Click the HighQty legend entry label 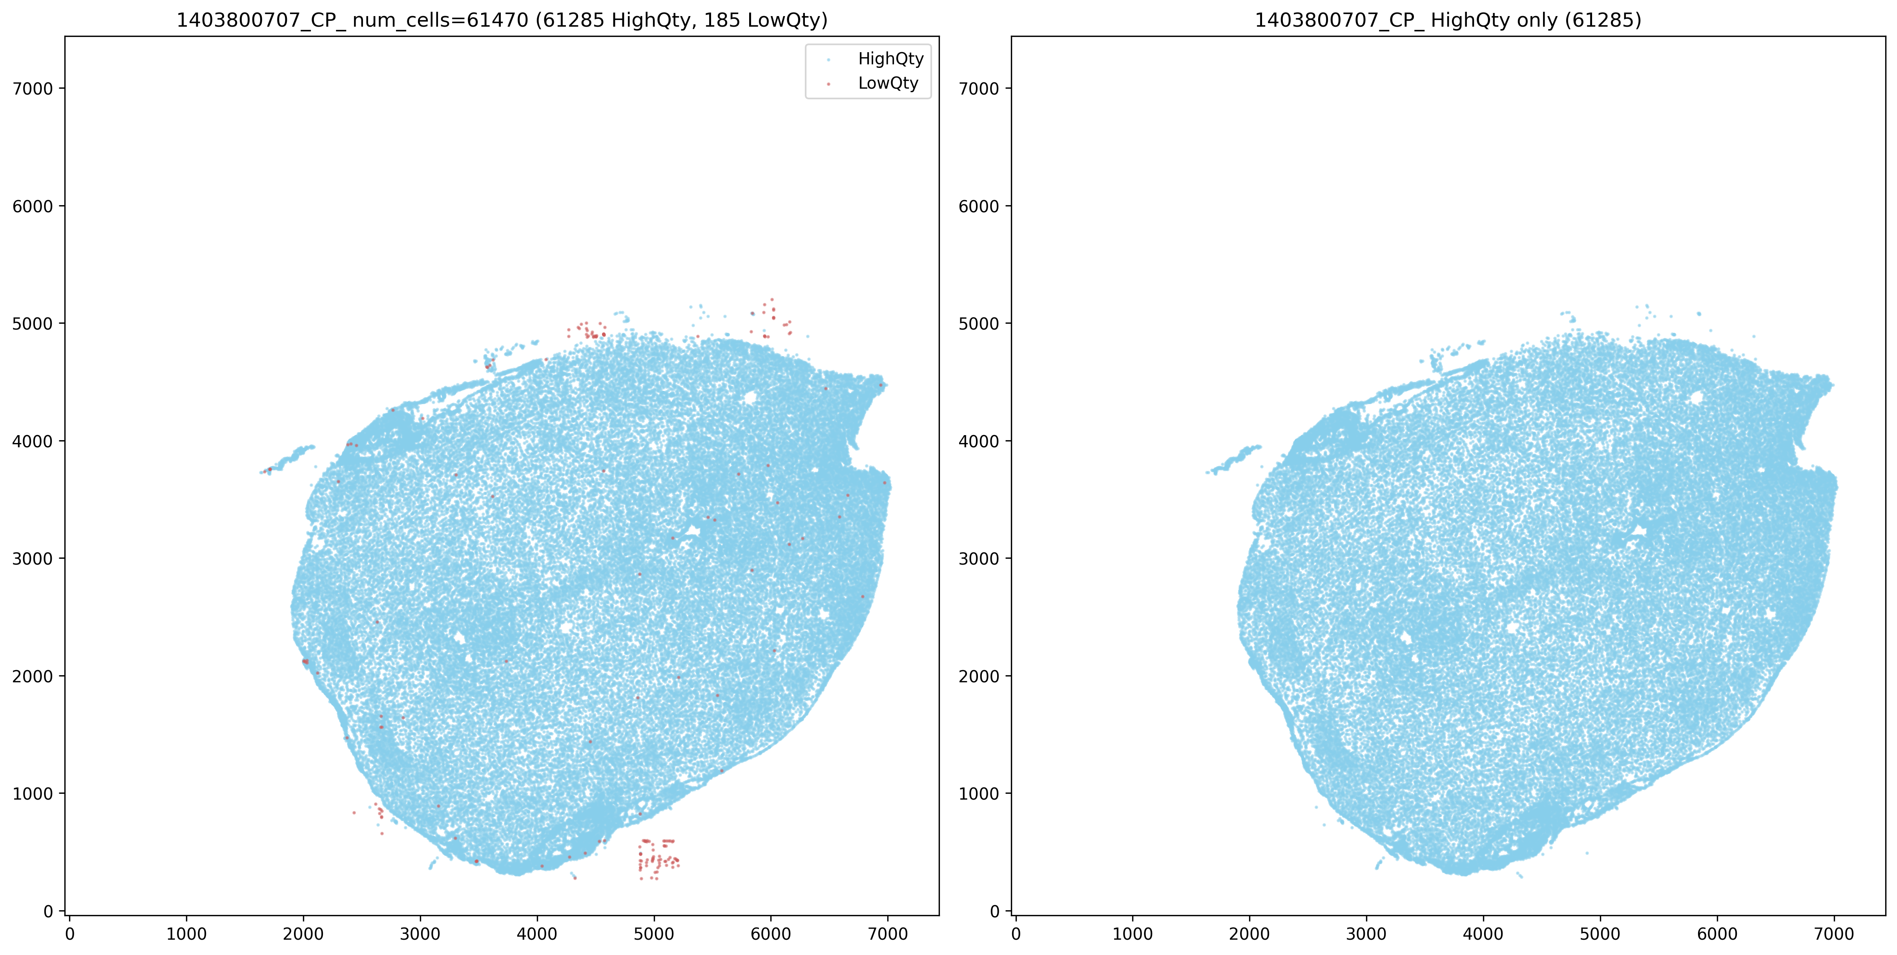(x=890, y=59)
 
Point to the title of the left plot (x=502, y=20)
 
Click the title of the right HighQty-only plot (x=1448, y=20)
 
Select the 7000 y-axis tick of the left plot (x=33, y=89)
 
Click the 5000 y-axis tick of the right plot (x=980, y=324)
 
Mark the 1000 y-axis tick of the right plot (x=980, y=794)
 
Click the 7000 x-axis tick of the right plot (x=1834, y=934)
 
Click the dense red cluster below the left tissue (x=658, y=858)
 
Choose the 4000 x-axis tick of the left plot (x=537, y=934)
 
